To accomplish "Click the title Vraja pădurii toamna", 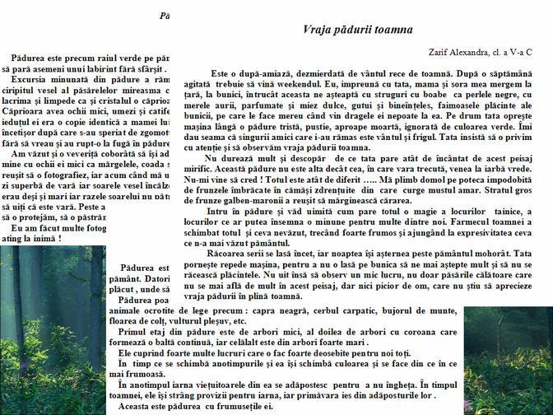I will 358,30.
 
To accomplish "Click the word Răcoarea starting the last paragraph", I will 229,253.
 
